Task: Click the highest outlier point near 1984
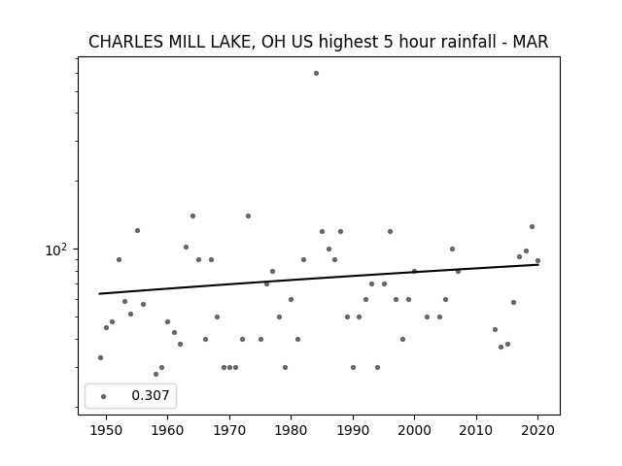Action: click(316, 74)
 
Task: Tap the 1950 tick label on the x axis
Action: click(106, 430)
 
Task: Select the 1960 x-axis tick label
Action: click(167, 430)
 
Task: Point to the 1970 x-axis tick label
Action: click(229, 430)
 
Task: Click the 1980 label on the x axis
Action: click(291, 430)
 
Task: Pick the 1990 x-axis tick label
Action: click(353, 430)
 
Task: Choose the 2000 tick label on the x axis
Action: click(414, 430)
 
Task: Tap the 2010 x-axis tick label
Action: click(476, 430)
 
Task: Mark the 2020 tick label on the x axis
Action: click(537, 430)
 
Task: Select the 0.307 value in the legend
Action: click(151, 395)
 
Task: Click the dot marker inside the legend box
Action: click(104, 396)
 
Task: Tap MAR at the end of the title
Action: click(531, 42)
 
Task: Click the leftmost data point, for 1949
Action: click(100, 358)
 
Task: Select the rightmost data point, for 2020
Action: click(537, 261)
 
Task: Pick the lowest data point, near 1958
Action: click(155, 374)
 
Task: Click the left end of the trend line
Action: click(99, 293)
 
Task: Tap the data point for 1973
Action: click(249, 216)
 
